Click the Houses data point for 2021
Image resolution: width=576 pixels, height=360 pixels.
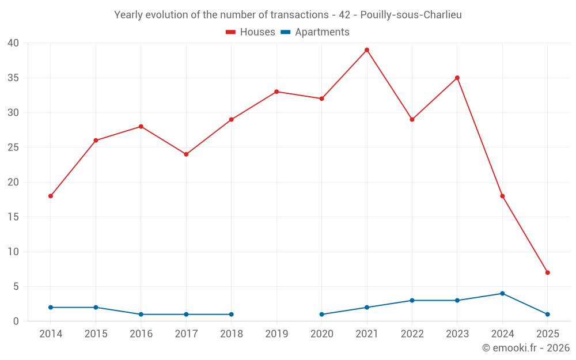tap(367, 50)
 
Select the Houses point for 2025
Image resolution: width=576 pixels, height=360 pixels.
tap(547, 272)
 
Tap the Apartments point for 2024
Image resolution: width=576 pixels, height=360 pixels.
tap(502, 293)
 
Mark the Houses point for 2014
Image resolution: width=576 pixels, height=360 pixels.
tap(51, 196)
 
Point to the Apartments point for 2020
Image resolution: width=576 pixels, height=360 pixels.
tap(321, 314)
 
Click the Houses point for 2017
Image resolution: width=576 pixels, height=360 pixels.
tap(186, 154)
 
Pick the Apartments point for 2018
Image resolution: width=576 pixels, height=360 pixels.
tap(231, 314)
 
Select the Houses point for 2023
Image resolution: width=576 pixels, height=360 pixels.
tap(457, 78)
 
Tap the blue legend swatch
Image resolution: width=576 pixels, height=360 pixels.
tap(285, 32)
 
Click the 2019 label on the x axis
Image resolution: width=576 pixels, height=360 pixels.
tap(276, 334)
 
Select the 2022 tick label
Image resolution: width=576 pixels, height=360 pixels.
tap(412, 334)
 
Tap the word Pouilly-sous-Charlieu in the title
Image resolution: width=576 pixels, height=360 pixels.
tap(411, 15)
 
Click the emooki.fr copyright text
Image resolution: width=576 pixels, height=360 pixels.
tap(525, 348)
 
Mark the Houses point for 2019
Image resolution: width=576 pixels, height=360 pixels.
tap(276, 92)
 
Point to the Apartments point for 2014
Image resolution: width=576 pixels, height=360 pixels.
tap(51, 308)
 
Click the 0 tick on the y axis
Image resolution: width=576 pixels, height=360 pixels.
tap(16, 321)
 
